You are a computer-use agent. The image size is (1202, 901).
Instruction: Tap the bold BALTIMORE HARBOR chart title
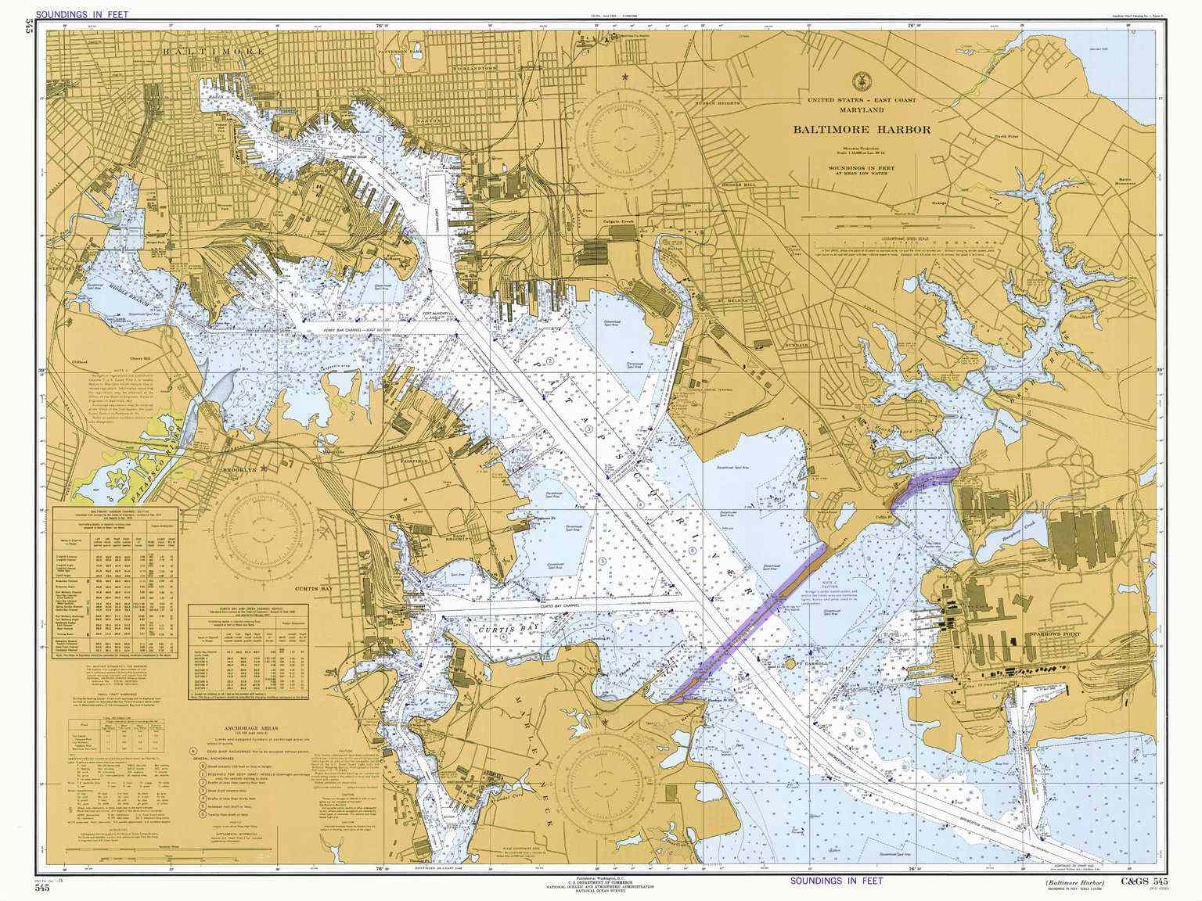pos(862,130)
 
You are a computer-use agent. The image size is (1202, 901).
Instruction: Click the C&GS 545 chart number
pos(1150,882)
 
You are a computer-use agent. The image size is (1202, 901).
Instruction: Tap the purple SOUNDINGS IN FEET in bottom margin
pos(836,880)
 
